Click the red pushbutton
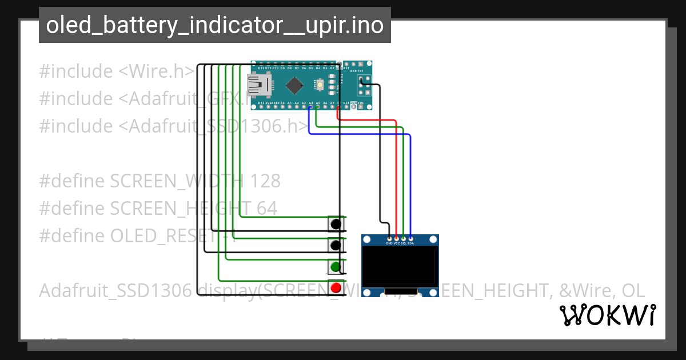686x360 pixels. point(336,287)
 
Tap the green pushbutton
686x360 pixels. point(336,266)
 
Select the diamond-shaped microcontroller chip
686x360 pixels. point(294,86)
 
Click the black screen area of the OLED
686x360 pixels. point(400,266)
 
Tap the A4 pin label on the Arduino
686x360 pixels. point(310,103)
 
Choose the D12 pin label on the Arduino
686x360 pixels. point(261,68)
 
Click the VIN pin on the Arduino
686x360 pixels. point(361,103)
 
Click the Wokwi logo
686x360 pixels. point(607,315)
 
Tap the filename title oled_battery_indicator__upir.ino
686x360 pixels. point(214,25)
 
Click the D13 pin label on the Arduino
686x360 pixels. point(261,103)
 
